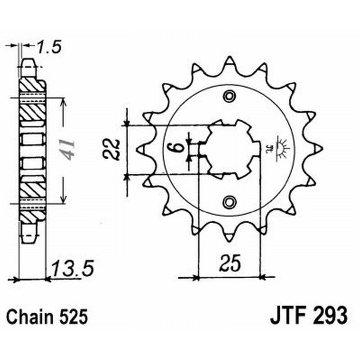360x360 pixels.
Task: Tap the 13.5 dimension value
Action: [72, 270]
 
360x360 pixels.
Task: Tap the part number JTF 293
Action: [309, 316]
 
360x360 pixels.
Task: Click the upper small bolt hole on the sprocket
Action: [230, 96]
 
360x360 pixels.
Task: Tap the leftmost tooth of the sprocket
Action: [140, 148]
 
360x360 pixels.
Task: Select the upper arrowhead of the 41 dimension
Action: [63, 101]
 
